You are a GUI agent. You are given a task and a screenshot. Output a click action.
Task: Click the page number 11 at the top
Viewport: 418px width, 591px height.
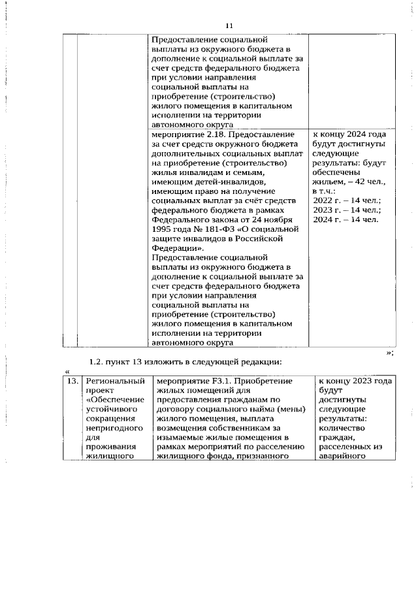[229, 25]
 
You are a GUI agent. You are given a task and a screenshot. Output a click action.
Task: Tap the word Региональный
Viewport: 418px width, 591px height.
[114, 380]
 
